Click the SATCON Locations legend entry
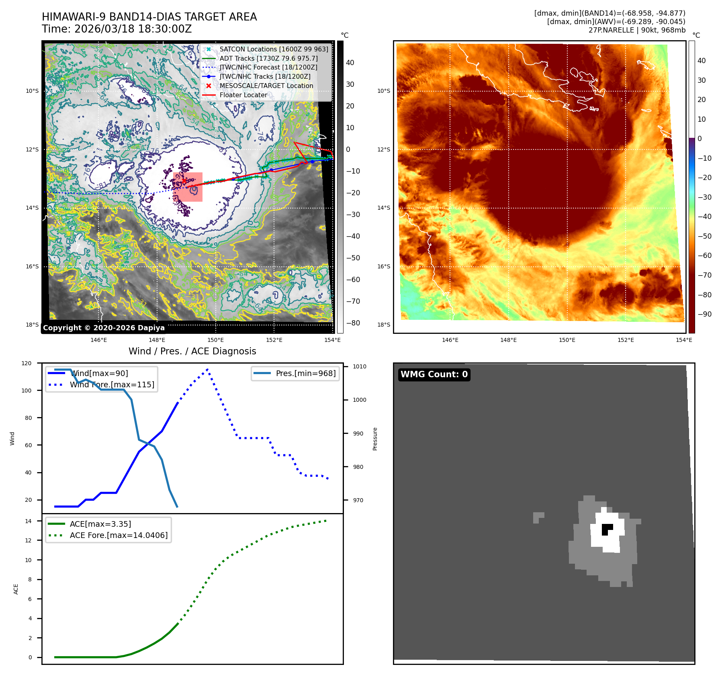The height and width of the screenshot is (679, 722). point(274,49)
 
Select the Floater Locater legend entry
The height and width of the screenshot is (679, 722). point(243,95)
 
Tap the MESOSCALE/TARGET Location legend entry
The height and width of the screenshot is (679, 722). point(266,86)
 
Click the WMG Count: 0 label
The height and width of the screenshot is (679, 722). point(434,374)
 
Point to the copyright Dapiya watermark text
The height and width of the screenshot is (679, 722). point(104,328)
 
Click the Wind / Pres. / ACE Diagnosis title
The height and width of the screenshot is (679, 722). point(192,351)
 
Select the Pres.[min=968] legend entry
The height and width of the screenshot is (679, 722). point(305,373)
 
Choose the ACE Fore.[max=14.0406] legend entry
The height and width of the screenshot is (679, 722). point(119,535)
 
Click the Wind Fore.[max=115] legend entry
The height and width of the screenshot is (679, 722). point(112,384)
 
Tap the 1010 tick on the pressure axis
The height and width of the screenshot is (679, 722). point(360,366)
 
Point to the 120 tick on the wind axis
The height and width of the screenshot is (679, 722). point(27,363)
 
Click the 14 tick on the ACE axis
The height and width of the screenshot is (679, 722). point(28,521)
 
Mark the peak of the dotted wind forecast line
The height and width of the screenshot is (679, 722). point(207,369)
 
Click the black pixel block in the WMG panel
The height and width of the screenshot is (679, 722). point(606,529)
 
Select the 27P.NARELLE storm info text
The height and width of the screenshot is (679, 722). point(637,30)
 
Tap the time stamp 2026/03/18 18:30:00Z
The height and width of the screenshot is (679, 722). point(133,29)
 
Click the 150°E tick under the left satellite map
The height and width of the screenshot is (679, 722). point(216,340)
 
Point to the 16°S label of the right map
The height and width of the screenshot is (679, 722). point(383,266)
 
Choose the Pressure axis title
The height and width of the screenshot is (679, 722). point(375,439)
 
